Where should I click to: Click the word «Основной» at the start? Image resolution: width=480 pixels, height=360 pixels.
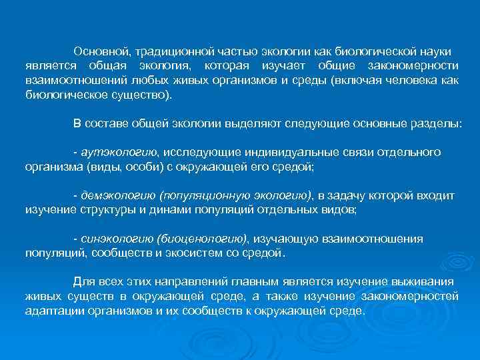click(101, 51)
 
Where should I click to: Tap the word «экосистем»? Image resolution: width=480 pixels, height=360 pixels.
click(195, 253)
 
